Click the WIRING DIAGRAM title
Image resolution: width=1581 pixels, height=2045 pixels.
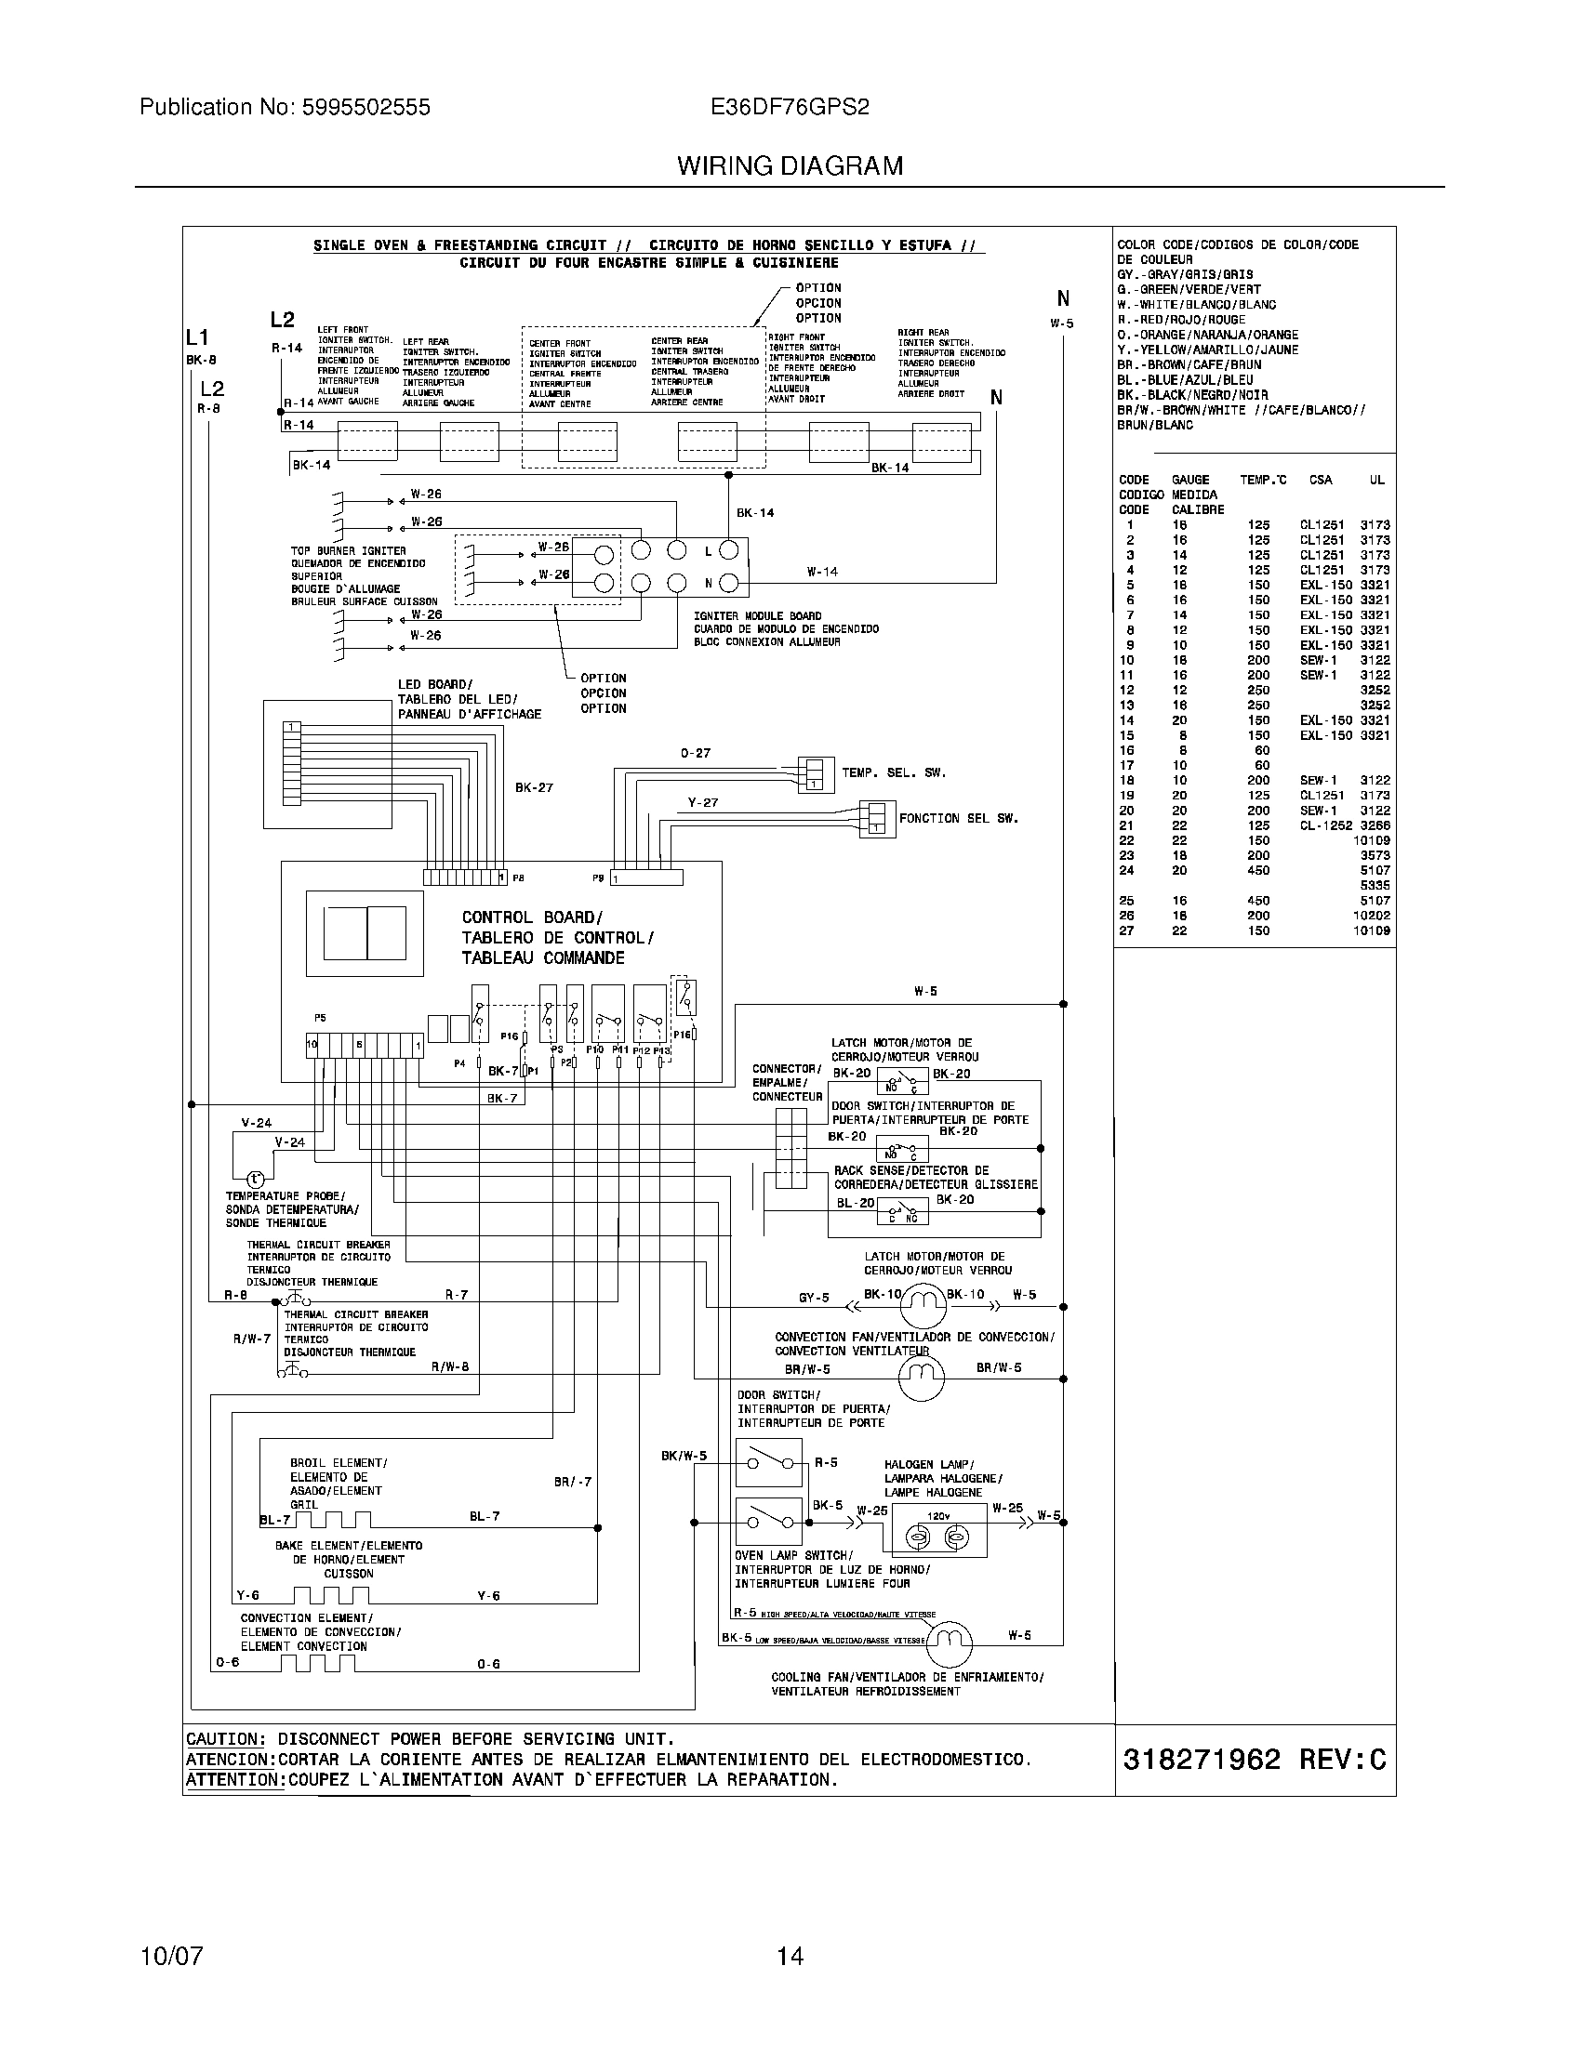[790, 165]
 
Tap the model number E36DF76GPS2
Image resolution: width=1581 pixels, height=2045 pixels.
[790, 107]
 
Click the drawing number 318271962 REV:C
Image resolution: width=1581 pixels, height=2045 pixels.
[1254, 1760]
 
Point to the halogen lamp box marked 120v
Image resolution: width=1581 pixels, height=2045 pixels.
[938, 1531]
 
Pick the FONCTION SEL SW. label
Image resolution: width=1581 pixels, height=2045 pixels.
[958, 818]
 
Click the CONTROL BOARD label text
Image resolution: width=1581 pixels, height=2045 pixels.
[532, 917]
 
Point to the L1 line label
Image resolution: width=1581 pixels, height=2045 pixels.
[196, 337]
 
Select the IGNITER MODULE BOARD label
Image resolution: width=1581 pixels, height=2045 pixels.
[758, 616]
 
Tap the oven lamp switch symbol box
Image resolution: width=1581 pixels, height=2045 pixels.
[768, 1522]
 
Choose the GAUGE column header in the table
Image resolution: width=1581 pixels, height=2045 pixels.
[1189, 480]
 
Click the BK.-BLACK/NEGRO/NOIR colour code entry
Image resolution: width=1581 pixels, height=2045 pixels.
[1192, 395]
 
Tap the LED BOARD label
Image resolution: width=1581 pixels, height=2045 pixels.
[435, 684]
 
